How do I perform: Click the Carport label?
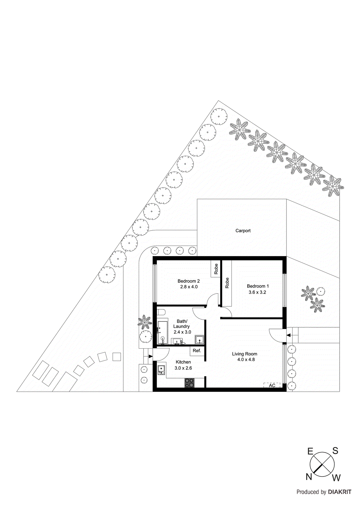(x=243, y=231)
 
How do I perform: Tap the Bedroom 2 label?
(x=188, y=281)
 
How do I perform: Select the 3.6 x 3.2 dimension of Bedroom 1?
(x=257, y=292)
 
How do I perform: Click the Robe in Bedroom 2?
(x=216, y=269)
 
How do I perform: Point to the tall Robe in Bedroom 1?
(x=227, y=283)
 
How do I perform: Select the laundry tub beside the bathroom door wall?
(x=200, y=340)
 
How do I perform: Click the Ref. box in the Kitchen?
(x=197, y=351)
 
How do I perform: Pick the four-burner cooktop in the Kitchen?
(x=189, y=383)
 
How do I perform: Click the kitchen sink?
(x=161, y=370)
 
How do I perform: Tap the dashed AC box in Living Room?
(x=272, y=385)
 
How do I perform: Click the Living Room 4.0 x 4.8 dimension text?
(x=246, y=359)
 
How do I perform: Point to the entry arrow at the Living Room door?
(x=288, y=335)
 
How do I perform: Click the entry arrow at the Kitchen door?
(x=150, y=356)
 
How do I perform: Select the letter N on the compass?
(x=309, y=477)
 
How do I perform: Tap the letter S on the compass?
(x=335, y=451)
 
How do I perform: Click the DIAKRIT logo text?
(x=340, y=492)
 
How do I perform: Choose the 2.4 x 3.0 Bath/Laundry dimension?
(x=182, y=332)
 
